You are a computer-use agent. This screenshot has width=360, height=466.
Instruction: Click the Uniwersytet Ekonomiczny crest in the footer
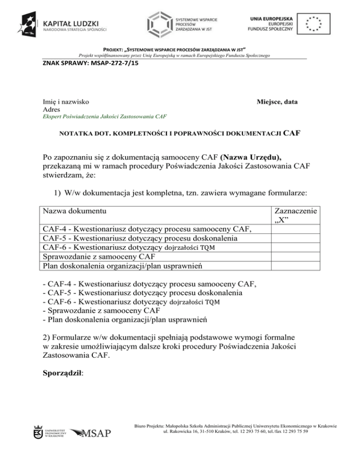pos(38,431)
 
